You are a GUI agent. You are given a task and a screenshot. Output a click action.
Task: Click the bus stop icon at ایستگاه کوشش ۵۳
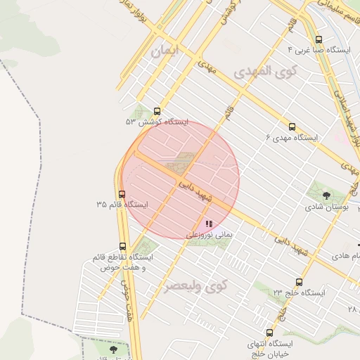tap(156, 110)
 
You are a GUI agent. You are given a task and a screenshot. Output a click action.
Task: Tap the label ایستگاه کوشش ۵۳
tap(157, 122)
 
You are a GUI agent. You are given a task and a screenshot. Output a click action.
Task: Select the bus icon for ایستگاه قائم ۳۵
tap(122, 194)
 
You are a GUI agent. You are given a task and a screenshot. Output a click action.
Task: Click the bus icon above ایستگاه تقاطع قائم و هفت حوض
tap(124, 247)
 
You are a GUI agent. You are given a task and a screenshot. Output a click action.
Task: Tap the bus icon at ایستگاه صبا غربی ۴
tap(319, 39)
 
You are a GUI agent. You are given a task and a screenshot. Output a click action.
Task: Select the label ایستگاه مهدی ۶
tap(292, 138)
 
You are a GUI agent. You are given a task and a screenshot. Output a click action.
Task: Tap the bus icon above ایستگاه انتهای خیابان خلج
tap(269, 333)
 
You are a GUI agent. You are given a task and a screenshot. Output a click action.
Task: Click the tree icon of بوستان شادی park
tap(326, 195)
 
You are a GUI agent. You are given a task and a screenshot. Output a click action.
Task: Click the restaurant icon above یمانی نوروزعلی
tap(209, 223)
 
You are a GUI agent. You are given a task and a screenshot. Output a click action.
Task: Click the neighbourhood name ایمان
tap(166, 51)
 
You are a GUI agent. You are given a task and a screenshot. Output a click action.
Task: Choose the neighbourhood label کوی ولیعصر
tap(197, 286)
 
